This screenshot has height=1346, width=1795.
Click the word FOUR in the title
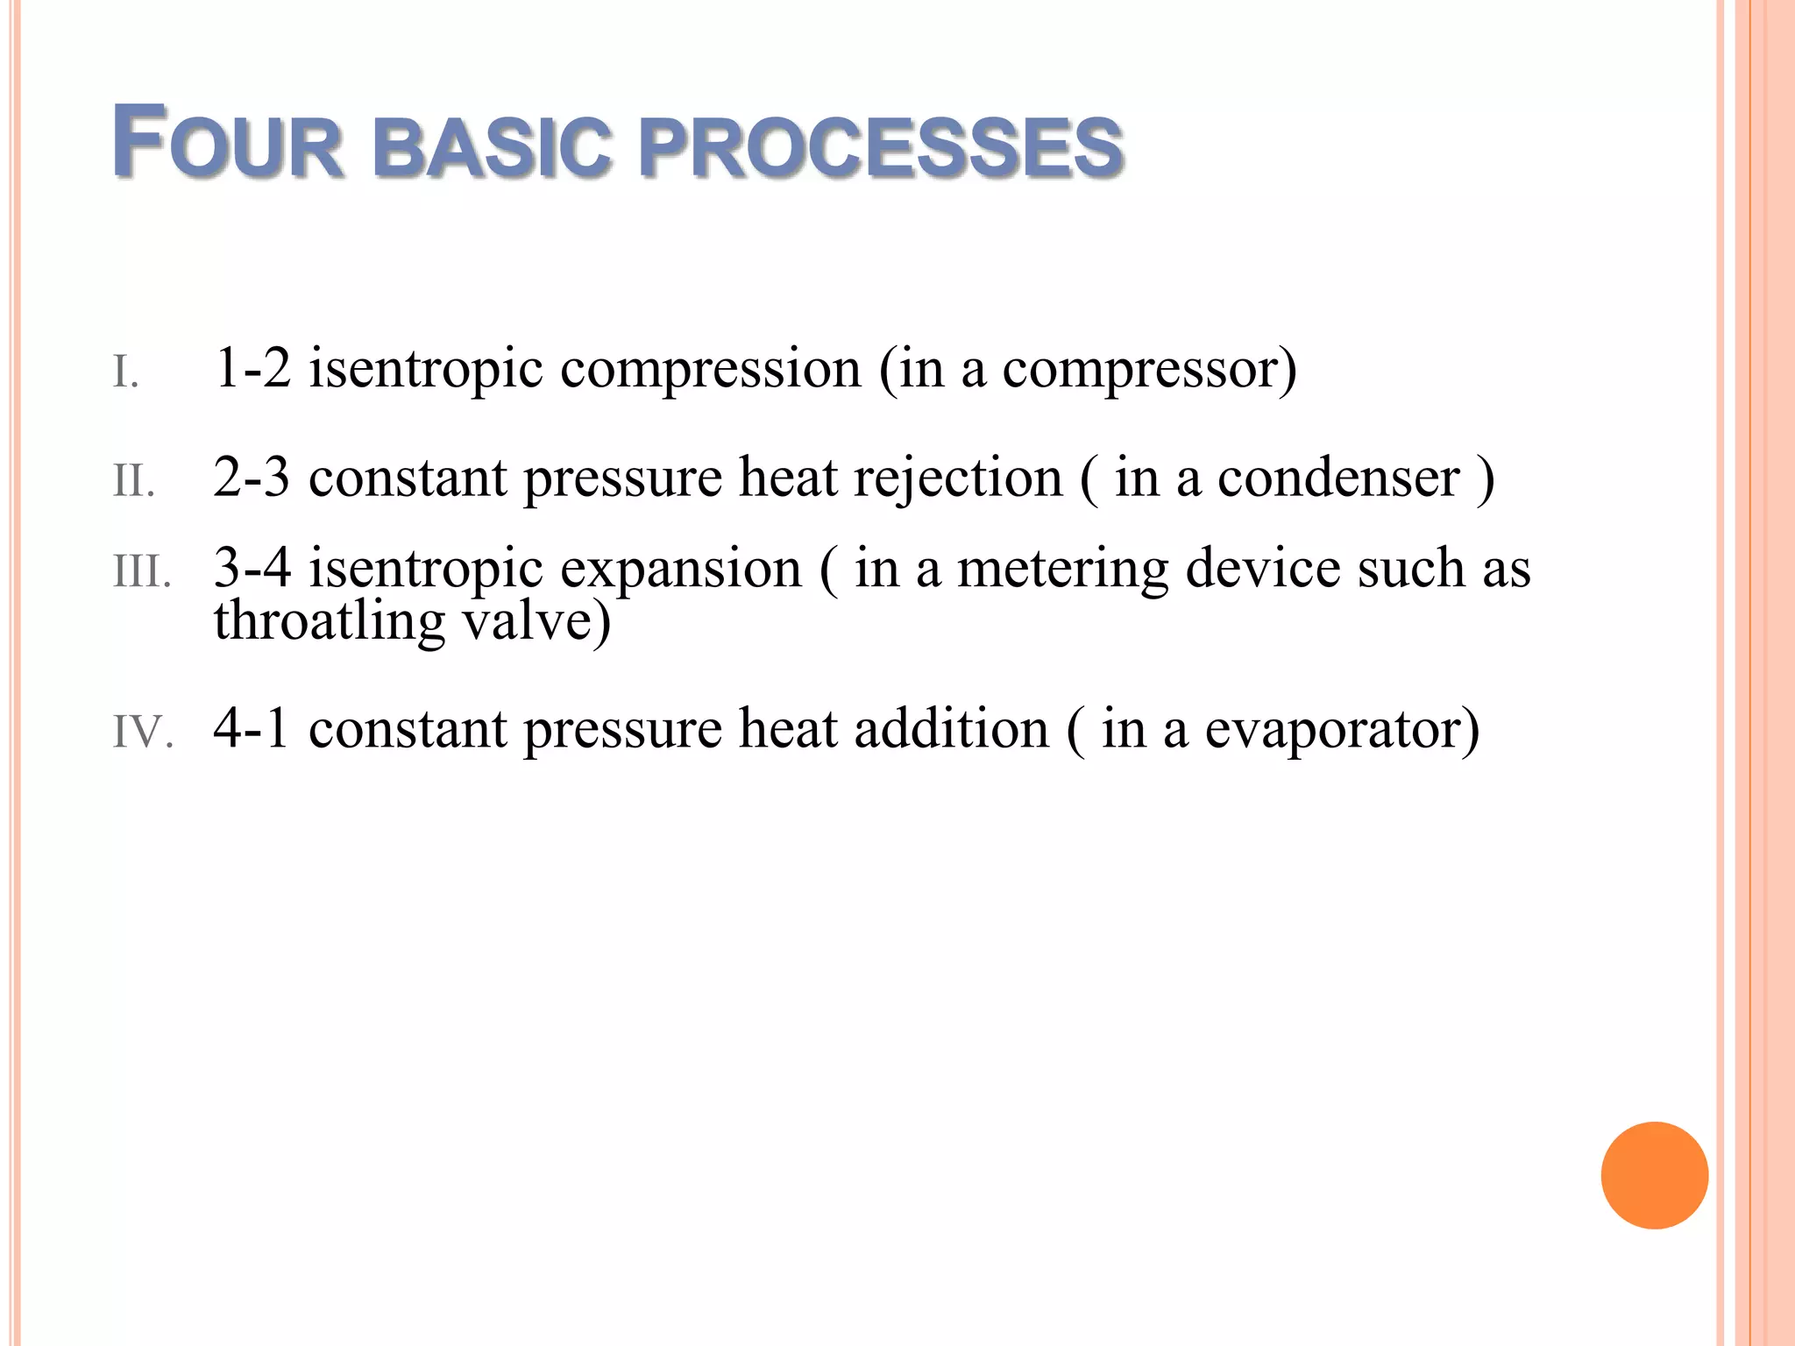click(227, 143)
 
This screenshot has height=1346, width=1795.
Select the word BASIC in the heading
click(491, 146)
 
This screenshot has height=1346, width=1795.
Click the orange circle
click(1654, 1175)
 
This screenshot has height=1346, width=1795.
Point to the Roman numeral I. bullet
click(125, 372)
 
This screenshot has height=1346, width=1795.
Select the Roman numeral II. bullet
click(134, 481)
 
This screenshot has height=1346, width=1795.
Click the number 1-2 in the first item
click(252, 368)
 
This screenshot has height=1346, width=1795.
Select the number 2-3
click(252, 478)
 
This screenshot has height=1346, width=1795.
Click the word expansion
click(680, 570)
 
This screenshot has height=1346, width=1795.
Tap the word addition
click(951, 729)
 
